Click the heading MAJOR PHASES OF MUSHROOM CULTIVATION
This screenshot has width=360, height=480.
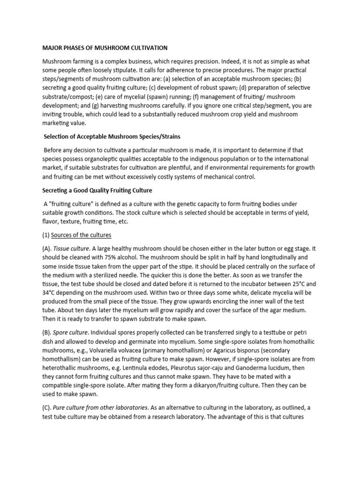click(x=105, y=48)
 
